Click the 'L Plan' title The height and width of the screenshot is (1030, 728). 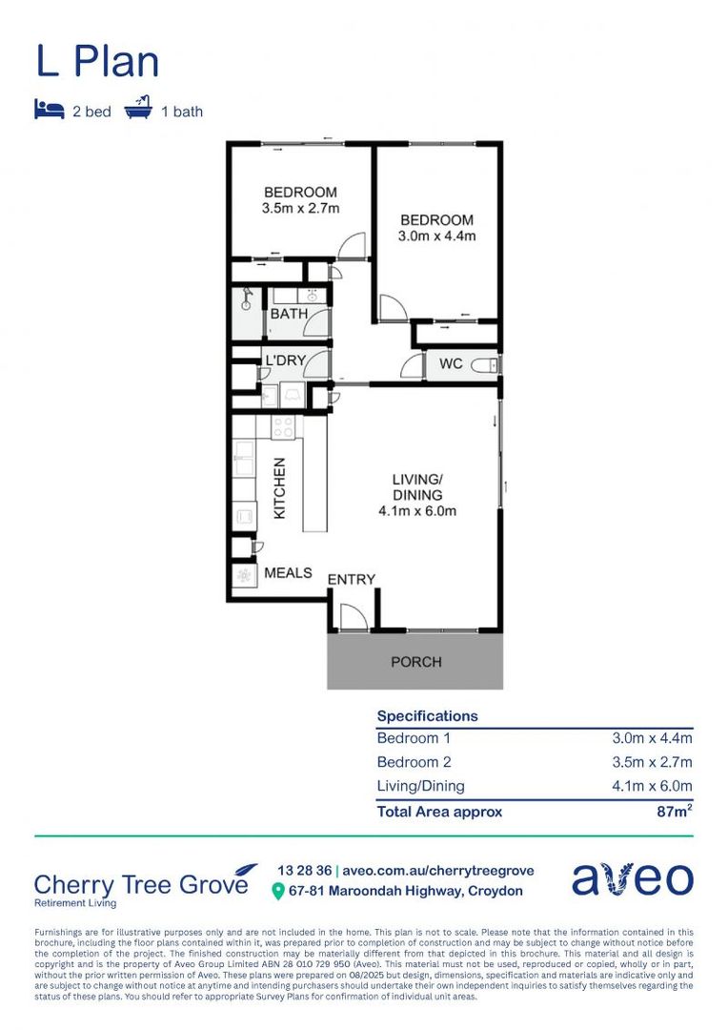97,62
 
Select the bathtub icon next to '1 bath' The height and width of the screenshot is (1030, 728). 139,109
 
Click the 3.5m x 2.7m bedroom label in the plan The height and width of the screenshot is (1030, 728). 300,200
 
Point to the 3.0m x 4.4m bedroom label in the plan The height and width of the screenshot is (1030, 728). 436,228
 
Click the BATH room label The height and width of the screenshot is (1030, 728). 288,313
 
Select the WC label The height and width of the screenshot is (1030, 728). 450,364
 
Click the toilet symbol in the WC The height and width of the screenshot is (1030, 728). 486,364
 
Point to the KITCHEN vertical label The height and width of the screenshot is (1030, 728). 280,487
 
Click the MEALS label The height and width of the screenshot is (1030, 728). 288,572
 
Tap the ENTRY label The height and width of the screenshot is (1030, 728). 352,580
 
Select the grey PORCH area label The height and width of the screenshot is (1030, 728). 416,661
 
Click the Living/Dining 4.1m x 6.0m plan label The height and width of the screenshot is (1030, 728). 417,495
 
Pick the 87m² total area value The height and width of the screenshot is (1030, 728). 673,812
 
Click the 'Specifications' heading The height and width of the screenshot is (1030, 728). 428,715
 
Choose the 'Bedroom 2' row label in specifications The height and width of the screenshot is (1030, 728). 414,762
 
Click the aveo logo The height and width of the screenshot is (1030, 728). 632,879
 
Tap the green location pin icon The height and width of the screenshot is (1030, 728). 278,892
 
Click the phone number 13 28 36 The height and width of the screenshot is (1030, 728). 304,871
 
